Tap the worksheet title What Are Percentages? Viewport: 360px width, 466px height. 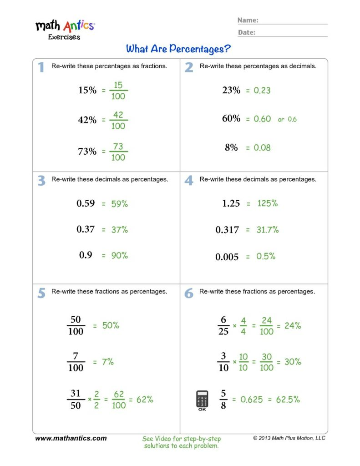pyautogui.click(x=178, y=48)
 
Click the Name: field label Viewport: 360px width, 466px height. pyautogui.click(x=248, y=20)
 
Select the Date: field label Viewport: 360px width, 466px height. pyautogui.click(x=247, y=32)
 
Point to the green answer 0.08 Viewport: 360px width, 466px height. pyautogui.click(x=262, y=148)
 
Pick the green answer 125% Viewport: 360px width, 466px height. pyautogui.click(x=267, y=203)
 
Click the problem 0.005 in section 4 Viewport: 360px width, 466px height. pyautogui.click(x=227, y=257)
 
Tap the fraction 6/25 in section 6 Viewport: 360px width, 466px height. pyautogui.click(x=223, y=326)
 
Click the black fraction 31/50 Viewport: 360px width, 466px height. pyautogui.click(x=76, y=399)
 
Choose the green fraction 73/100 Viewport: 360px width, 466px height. pyautogui.click(x=118, y=152)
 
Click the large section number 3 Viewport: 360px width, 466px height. pyautogui.click(x=41, y=181)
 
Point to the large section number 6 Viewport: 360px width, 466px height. pyautogui.click(x=189, y=294)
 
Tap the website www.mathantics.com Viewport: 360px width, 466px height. pyautogui.click(x=71, y=438)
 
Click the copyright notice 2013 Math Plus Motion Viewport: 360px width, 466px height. pyautogui.click(x=289, y=438)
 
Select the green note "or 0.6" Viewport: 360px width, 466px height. pyautogui.click(x=287, y=119)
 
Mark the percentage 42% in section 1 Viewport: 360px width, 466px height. pyautogui.click(x=87, y=120)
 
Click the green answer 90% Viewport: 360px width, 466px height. pyautogui.click(x=120, y=256)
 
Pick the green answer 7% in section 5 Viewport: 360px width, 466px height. pyautogui.click(x=108, y=362)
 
